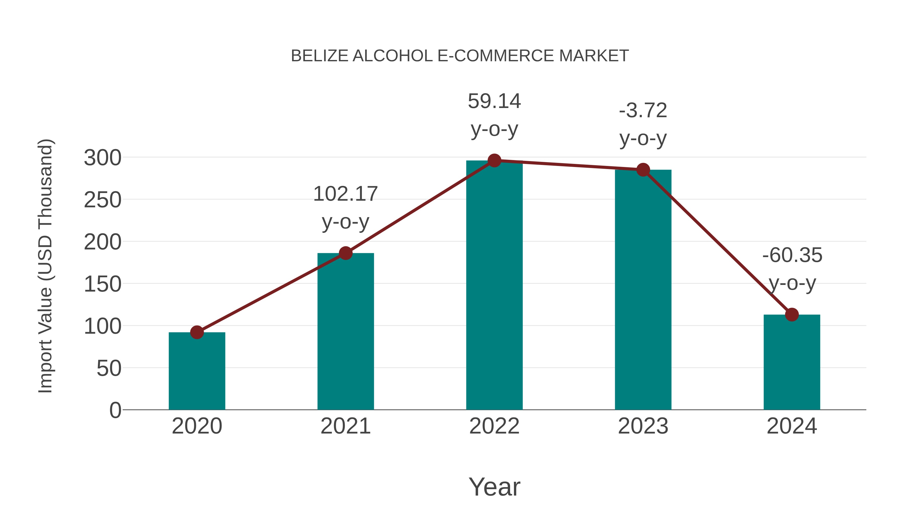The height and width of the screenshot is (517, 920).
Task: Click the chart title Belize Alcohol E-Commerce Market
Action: (x=460, y=56)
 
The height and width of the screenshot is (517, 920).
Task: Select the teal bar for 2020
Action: (x=197, y=371)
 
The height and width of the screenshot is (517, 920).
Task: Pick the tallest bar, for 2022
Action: (x=494, y=285)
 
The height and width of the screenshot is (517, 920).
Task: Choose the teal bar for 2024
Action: (x=791, y=362)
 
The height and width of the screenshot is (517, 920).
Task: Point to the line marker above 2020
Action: (x=197, y=332)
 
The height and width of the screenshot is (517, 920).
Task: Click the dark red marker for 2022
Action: (x=494, y=161)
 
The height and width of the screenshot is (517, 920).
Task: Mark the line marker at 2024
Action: (x=791, y=315)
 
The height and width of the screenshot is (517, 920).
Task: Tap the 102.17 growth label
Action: (x=345, y=194)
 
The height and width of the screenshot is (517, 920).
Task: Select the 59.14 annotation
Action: (x=494, y=101)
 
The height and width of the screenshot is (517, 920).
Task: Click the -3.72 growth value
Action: (x=643, y=111)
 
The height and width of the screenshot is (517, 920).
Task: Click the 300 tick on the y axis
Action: (x=102, y=158)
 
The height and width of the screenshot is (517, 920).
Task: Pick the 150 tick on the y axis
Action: (x=102, y=284)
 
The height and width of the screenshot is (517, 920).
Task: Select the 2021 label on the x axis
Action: (x=345, y=426)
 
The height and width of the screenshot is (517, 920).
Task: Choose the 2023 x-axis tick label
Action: (x=643, y=426)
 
